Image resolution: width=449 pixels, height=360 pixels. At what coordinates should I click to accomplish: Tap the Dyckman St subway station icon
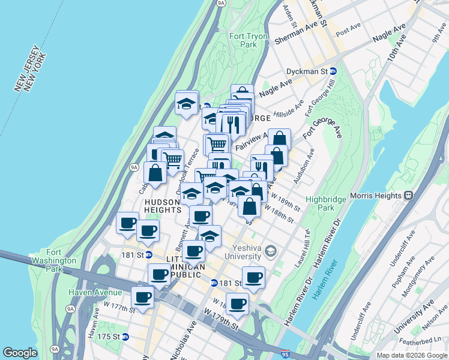(333, 71)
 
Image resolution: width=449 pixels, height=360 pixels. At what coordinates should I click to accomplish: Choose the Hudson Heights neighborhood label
(163, 206)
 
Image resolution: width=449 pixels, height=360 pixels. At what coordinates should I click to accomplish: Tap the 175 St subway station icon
(125, 337)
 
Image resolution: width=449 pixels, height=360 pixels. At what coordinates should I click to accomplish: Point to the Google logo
(20, 353)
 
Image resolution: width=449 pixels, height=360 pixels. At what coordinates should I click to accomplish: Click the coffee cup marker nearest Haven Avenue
(143, 297)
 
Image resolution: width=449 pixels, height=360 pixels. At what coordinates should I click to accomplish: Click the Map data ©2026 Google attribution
(411, 355)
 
